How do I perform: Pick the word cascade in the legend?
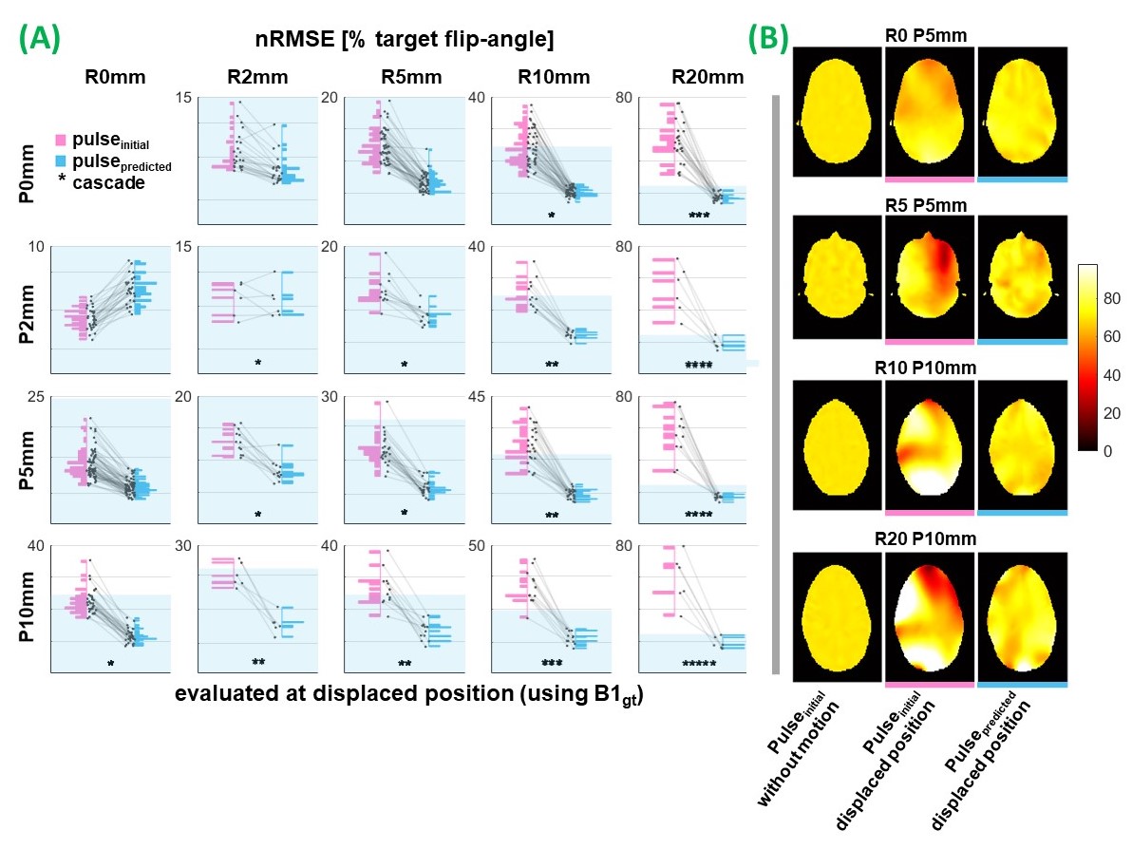pyautogui.click(x=108, y=182)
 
